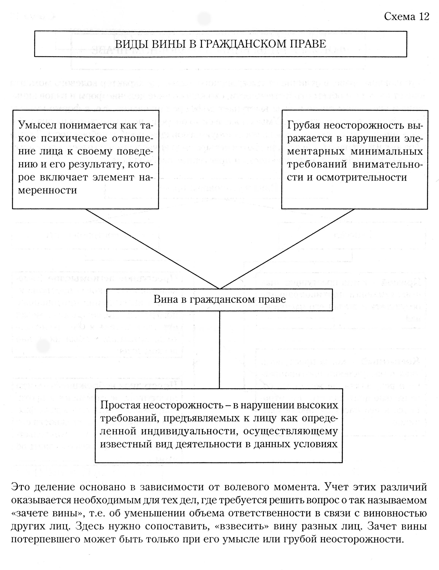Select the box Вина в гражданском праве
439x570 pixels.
pos(219,300)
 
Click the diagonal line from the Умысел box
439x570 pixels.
pos(153,249)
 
